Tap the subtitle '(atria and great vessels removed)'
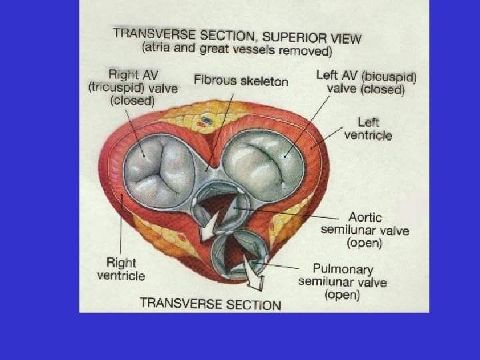[237, 49]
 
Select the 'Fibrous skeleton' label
[241, 81]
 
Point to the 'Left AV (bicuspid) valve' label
[366, 83]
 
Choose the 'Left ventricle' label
[368, 129]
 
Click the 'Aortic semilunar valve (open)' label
[365, 229]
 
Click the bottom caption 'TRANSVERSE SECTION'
[210, 303]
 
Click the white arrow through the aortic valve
[213, 223]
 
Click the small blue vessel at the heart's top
[207, 121]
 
